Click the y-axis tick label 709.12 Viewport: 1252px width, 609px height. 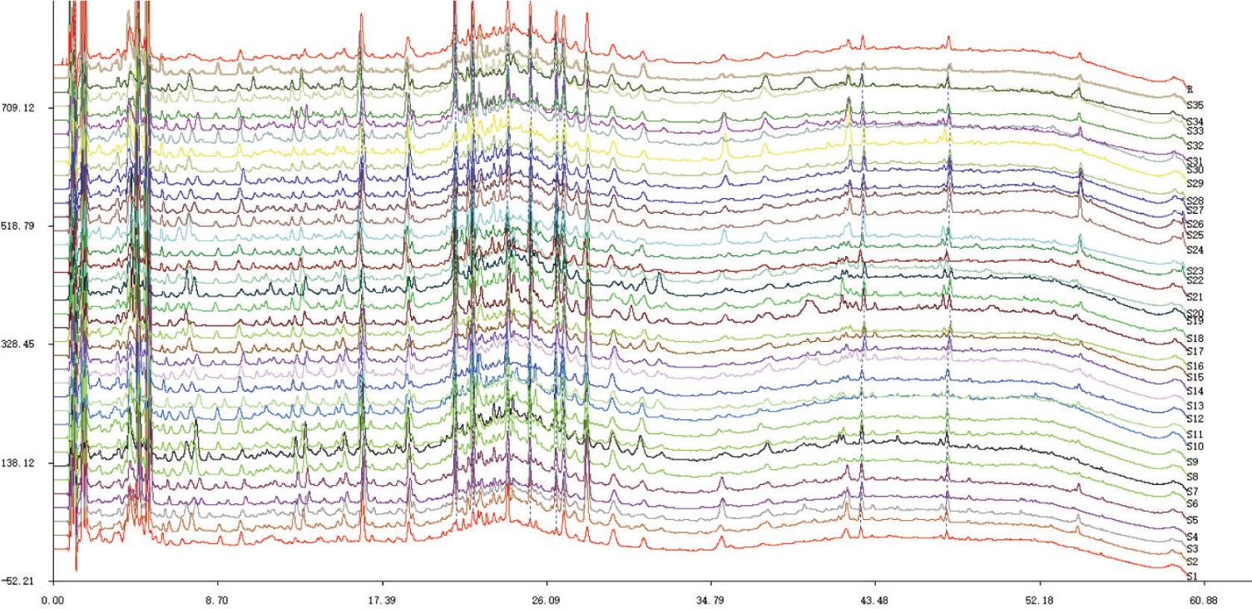coord(23,108)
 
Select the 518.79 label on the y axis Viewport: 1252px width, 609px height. coord(23,226)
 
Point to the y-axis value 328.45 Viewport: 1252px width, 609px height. coord(23,344)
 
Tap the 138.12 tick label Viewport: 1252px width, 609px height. coord(23,463)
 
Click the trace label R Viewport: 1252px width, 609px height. coord(1190,89)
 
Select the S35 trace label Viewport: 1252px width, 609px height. coord(1195,106)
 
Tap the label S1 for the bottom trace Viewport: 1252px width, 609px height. coord(1192,576)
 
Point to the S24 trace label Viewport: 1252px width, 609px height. coord(1195,250)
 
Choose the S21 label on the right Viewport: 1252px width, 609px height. coord(1195,297)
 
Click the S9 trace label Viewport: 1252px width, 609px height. coord(1192,462)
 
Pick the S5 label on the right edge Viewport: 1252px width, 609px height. coord(1192,520)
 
